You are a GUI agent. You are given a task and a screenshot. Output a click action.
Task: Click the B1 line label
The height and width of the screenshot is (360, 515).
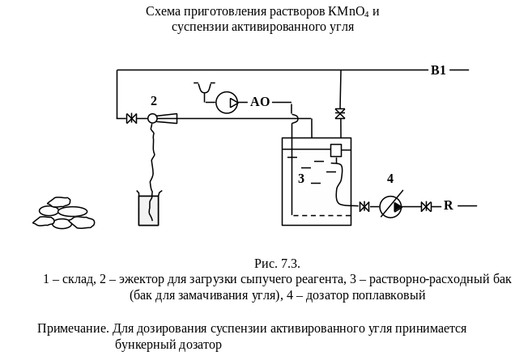point(438,71)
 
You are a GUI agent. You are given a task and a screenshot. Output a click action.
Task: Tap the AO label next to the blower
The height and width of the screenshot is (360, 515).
point(260,102)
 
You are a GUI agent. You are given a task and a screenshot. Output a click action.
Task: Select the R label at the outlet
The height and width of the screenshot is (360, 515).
point(447,206)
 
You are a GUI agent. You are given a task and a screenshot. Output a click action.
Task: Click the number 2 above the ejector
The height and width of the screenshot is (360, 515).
point(153,100)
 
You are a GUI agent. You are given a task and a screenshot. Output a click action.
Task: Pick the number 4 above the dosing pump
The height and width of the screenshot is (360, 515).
point(390,179)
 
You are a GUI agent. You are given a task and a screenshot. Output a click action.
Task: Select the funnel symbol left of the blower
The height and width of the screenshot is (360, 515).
point(204,87)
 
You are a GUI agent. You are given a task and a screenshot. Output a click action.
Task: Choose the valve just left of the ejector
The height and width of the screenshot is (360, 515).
point(131,119)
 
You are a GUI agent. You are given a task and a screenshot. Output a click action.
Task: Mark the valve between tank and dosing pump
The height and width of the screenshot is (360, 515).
point(364,207)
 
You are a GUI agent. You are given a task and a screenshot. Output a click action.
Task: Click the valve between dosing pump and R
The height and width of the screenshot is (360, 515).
point(426,207)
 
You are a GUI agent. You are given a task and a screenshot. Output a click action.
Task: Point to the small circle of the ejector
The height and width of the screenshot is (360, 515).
point(152,119)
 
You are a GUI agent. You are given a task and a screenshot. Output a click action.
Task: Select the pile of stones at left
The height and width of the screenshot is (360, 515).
point(64,212)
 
